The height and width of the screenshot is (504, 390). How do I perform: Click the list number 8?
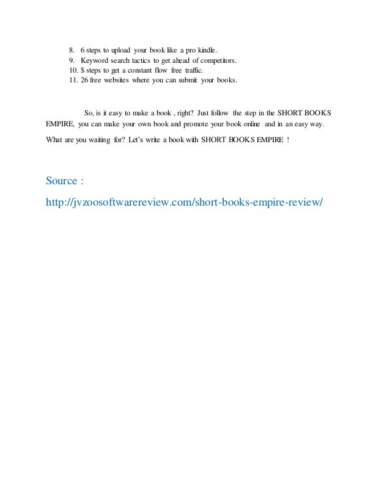(72, 49)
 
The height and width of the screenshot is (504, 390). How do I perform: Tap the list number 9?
(72, 60)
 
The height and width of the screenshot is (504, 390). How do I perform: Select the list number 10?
(73, 70)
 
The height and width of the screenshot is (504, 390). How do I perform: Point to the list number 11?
(73, 80)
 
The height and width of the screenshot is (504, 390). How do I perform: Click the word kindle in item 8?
(205, 49)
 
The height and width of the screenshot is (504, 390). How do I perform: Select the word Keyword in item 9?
(94, 60)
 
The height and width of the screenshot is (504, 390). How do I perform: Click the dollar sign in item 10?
(83, 70)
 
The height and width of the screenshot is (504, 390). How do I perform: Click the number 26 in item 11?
(85, 80)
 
